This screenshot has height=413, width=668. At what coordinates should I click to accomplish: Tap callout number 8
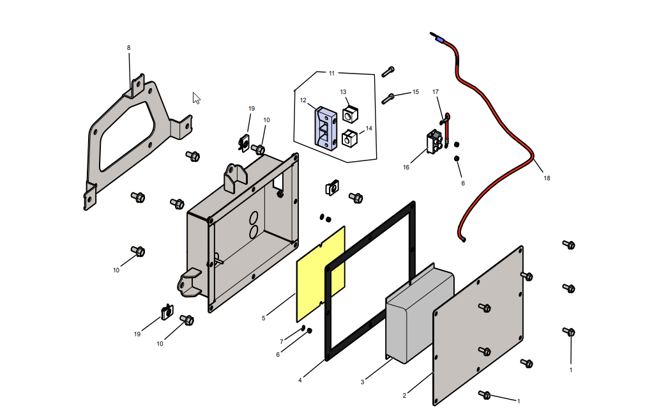(x=128, y=48)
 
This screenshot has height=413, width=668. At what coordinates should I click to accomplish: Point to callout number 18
(x=547, y=178)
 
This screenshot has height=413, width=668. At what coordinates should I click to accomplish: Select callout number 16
(x=406, y=168)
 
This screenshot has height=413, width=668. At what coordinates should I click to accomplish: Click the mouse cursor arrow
(x=196, y=98)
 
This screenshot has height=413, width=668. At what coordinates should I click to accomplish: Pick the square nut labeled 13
(x=350, y=115)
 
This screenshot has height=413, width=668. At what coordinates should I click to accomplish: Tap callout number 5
(x=263, y=318)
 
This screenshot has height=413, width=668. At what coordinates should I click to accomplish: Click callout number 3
(x=362, y=382)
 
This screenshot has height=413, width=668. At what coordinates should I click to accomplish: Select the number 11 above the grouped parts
(x=331, y=74)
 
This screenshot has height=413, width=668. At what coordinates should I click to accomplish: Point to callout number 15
(x=415, y=92)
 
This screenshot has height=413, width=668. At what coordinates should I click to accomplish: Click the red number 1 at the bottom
(x=519, y=401)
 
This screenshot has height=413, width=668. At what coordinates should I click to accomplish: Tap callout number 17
(x=436, y=92)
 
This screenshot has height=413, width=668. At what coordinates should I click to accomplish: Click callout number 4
(x=300, y=380)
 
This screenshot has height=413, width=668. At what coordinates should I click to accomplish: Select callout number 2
(x=404, y=396)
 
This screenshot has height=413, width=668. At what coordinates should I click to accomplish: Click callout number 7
(x=281, y=341)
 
